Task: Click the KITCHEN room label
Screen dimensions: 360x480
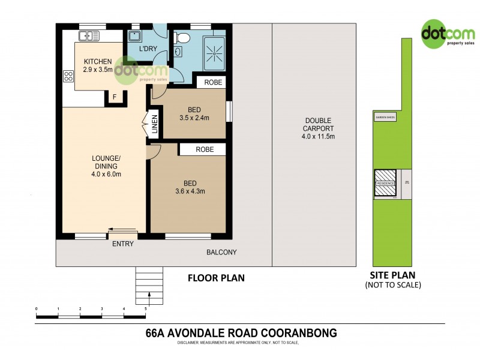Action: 98,62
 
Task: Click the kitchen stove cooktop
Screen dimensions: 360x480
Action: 68,76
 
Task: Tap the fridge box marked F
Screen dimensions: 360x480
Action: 114,97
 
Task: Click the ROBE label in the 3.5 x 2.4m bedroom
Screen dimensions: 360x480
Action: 213,82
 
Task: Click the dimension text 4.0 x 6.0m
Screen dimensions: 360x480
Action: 106,175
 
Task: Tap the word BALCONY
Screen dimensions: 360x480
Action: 221,253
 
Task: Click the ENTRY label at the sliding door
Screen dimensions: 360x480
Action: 122,244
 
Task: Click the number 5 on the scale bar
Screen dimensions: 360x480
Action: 146,308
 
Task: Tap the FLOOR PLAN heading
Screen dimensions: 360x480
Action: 216,278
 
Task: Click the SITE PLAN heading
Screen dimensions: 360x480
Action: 393,275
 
